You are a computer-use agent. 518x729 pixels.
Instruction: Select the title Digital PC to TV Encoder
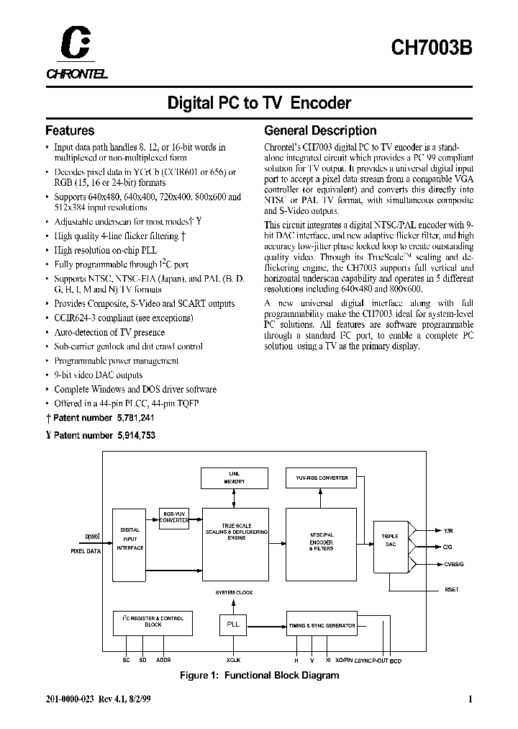click(x=259, y=103)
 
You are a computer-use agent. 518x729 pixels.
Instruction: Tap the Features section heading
click(x=70, y=131)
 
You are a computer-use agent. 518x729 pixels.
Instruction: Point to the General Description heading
click(x=320, y=131)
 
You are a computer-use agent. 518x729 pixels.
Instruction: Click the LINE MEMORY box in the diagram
click(x=232, y=477)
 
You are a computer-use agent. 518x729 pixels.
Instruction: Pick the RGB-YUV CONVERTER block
click(x=174, y=516)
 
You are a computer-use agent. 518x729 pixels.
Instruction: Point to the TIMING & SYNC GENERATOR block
click(x=322, y=625)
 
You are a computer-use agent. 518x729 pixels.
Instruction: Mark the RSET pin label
click(x=452, y=590)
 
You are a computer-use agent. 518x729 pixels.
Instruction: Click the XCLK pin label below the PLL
click(x=232, y=658)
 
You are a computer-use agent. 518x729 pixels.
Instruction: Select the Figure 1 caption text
click(x=259, y=675)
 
